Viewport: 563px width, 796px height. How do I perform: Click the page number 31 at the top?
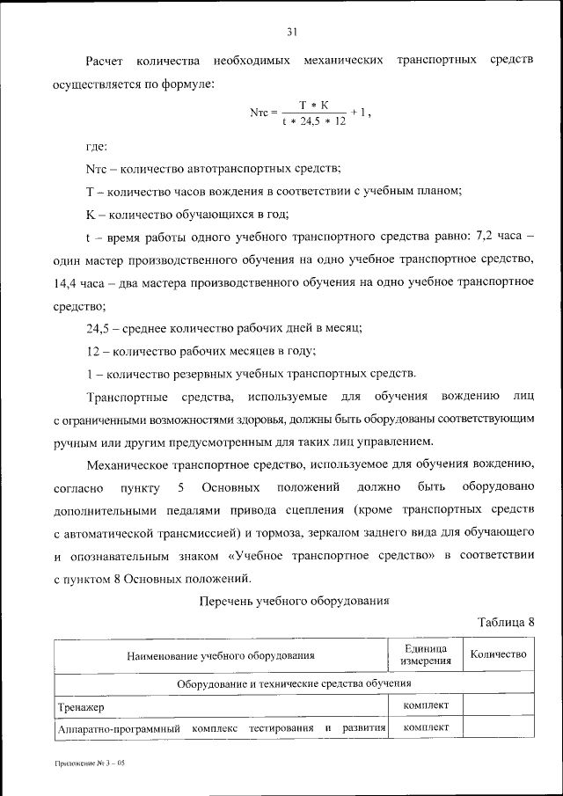(x=292, y=32)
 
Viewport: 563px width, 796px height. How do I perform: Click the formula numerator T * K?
(x=313, y=105)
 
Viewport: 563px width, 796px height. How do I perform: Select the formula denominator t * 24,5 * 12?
(x=313, y=122)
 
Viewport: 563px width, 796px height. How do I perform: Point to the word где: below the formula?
(x=97, y=146)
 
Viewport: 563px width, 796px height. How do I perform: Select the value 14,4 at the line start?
(x=67, y=283)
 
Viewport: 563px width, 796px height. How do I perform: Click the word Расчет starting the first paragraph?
(x=107, y=61)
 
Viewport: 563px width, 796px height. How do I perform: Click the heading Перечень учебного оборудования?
(x=294, y=602)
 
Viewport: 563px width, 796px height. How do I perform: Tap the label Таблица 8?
(x=506, y=622)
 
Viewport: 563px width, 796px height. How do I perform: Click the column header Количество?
(x=498, y=654)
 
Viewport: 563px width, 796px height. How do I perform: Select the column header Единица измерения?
(x=426, y=654)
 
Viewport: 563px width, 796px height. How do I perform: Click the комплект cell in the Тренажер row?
(x=426, y=705)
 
